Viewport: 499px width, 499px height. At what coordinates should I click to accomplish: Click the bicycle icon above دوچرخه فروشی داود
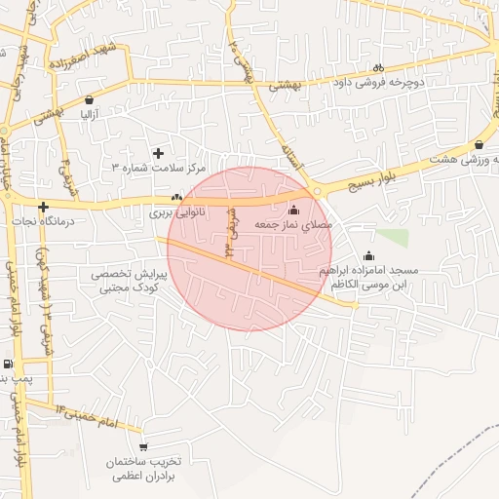pos(377,67)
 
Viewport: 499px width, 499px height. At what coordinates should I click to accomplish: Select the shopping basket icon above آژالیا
pos(90,99)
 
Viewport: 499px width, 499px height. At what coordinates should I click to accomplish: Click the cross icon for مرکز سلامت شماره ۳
pos(159,153)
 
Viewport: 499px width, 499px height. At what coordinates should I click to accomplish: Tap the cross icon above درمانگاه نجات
pos(43,207)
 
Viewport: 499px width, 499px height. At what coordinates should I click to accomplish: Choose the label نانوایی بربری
pos(173,211)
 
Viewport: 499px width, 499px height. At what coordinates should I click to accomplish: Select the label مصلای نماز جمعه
pos(293,224)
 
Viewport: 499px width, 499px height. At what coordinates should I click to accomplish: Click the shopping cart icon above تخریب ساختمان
pos(144,447)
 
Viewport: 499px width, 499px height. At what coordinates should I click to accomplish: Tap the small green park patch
pos(394,237)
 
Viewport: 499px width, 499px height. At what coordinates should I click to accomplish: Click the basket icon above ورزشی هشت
pos(479,144)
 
